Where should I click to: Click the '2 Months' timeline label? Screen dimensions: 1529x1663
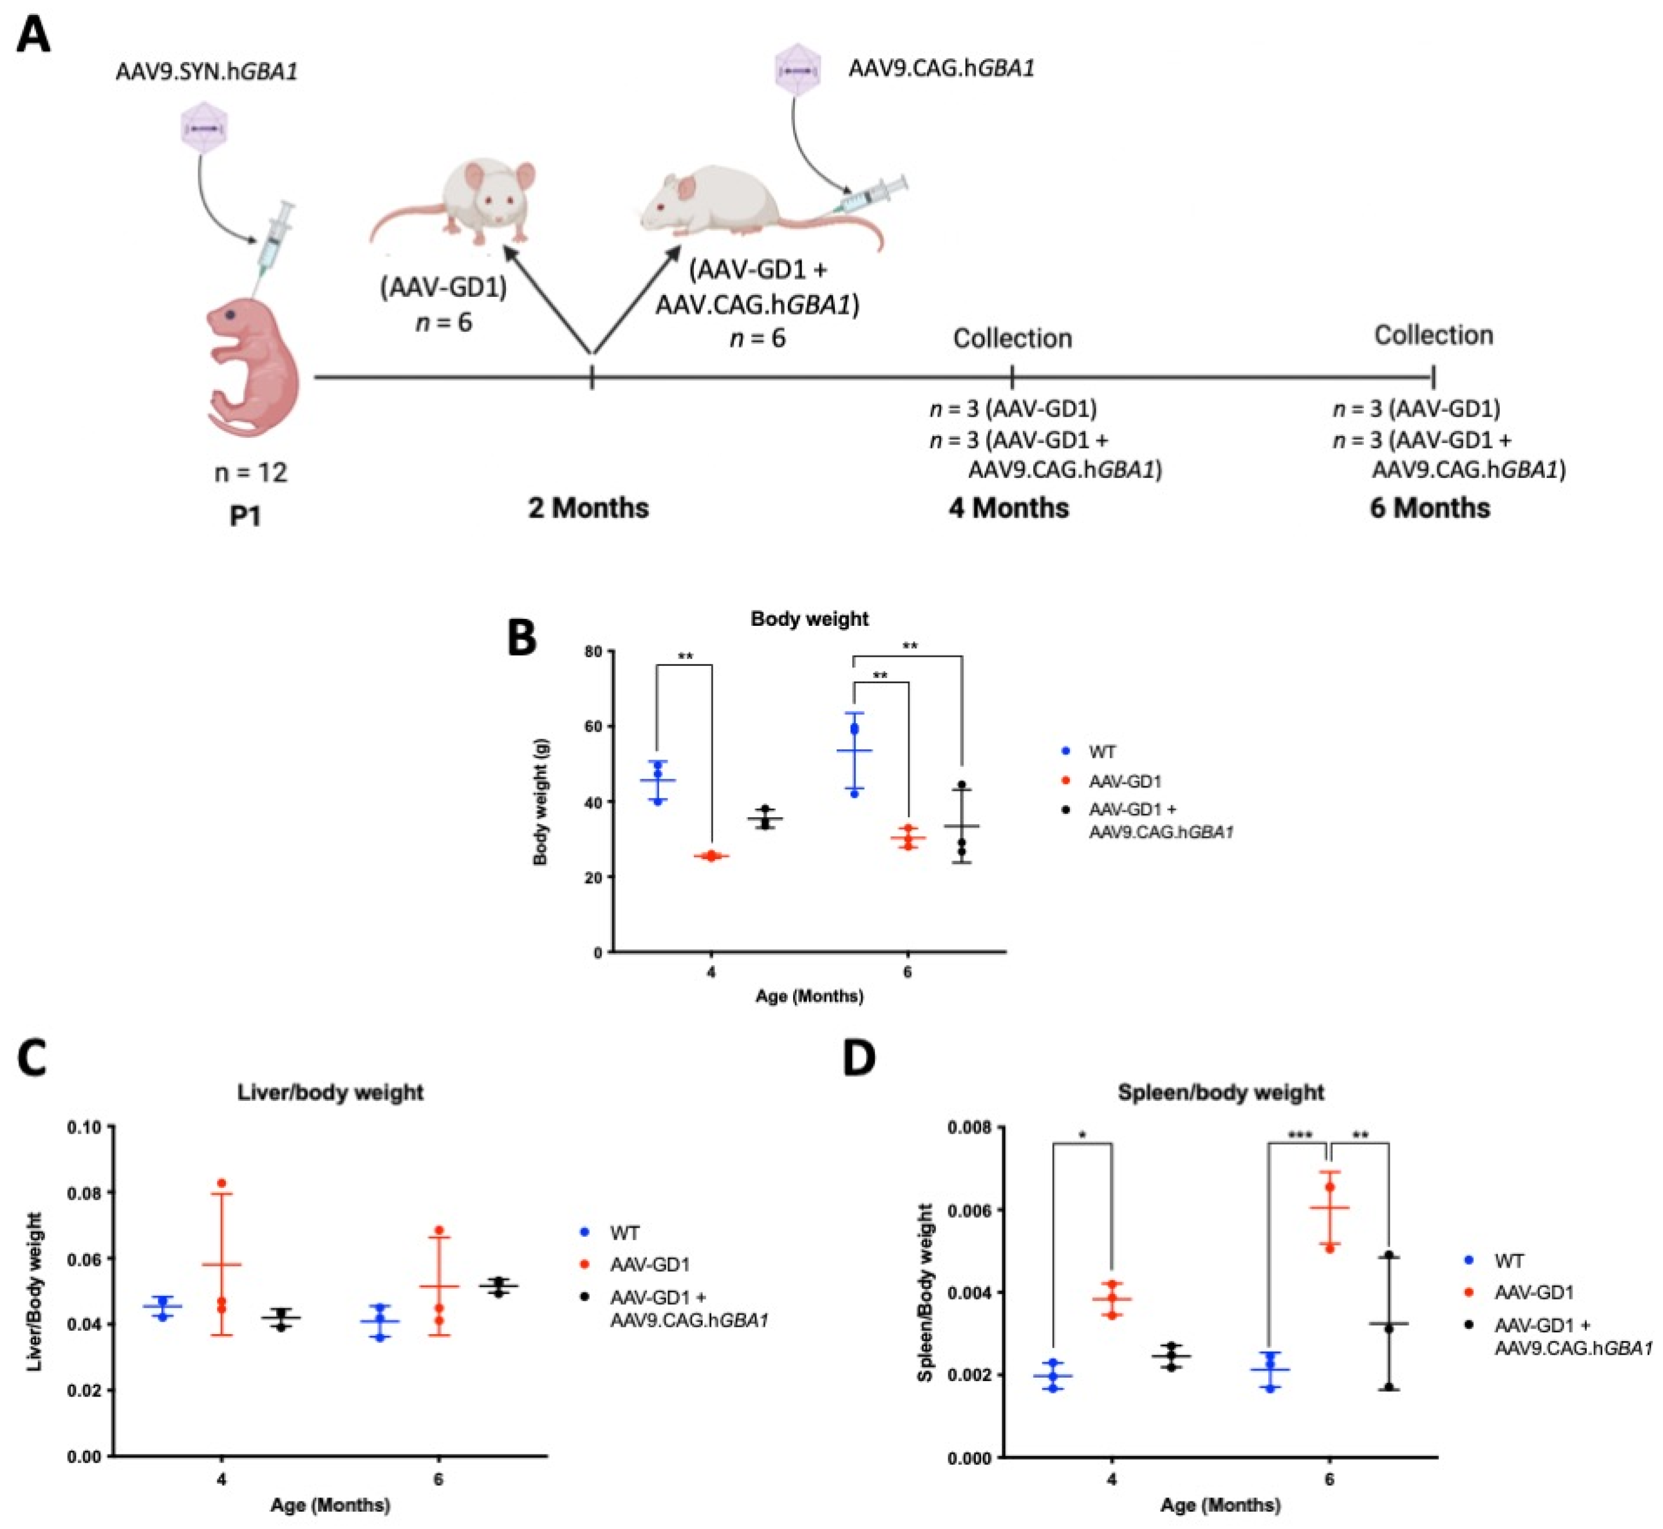pos(589,507)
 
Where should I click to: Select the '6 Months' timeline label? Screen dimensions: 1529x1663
pos(1430,507)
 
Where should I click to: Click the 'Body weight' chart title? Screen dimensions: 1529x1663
pos(809,619)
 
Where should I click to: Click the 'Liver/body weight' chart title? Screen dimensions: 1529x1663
pos(330,1092)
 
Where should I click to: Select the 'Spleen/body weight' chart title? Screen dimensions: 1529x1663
pos(1221,1092)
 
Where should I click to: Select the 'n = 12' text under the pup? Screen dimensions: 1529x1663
pos(250,472)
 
